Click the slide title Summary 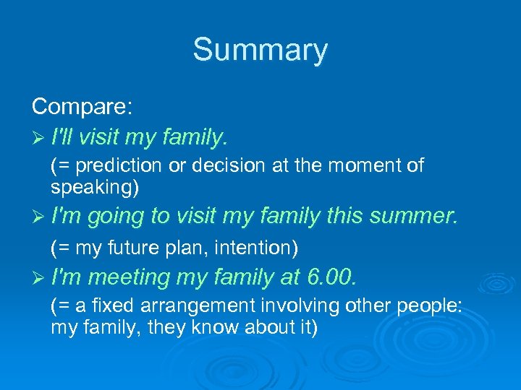260,51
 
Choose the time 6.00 332,277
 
